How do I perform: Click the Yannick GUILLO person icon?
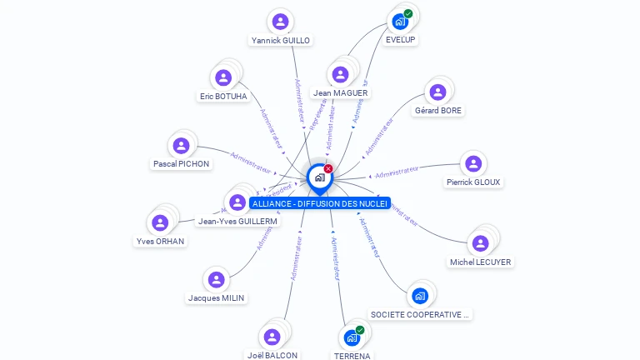coord(280,22)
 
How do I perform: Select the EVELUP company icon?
coord(400,22)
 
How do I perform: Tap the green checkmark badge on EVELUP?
coord(408,13)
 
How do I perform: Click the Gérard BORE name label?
coord(437,110)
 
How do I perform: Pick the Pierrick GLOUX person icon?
coord(473,163)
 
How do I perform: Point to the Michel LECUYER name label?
coord(480,262)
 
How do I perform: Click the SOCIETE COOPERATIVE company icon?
coord(420,296)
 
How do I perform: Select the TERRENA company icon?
coord(352,338)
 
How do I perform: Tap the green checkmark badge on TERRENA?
coord(360,330)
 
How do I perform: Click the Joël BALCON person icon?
coord(272,337)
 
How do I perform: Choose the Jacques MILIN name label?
coord(217,297)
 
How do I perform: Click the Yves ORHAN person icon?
coord(160,223)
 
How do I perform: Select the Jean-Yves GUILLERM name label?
coord(237,221)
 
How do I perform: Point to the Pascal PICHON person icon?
coord(181,146)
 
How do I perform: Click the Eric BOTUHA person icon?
coord(222,78)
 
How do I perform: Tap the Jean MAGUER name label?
coord(340,92)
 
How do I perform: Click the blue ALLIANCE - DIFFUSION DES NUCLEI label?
coord(319,203)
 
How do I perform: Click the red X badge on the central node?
coord(328,169)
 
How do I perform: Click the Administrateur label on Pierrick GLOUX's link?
coord(396,172)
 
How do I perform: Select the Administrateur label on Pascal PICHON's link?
coord(251,161)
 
